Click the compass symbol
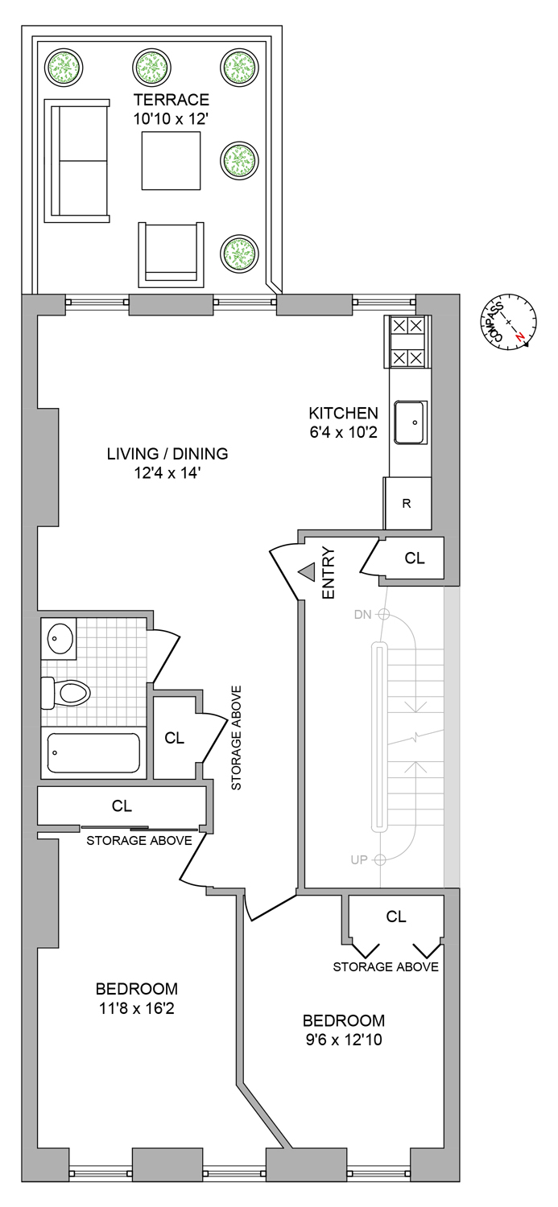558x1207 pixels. click(509, 322)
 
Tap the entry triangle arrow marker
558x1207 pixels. click(308, 572)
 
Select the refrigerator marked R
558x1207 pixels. click(407, 504)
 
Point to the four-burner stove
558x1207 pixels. click(407, 341)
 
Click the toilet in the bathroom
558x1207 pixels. click(65, 692)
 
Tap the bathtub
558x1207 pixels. click(93, 752)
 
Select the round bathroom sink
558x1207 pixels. click(58, 637)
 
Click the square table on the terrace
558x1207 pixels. click(171, 161)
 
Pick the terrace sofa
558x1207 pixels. click(79, 160)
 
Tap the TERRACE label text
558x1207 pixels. click(172, 101)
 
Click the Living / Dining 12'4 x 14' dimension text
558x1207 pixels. click(167, 474)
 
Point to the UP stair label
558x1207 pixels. click(360, 859)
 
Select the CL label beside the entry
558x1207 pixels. click(414, 558)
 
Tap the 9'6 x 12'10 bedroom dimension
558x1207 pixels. click(343, 1040)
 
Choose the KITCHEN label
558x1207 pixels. click(343, 414)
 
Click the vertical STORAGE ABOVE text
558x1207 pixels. click(237, 738)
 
